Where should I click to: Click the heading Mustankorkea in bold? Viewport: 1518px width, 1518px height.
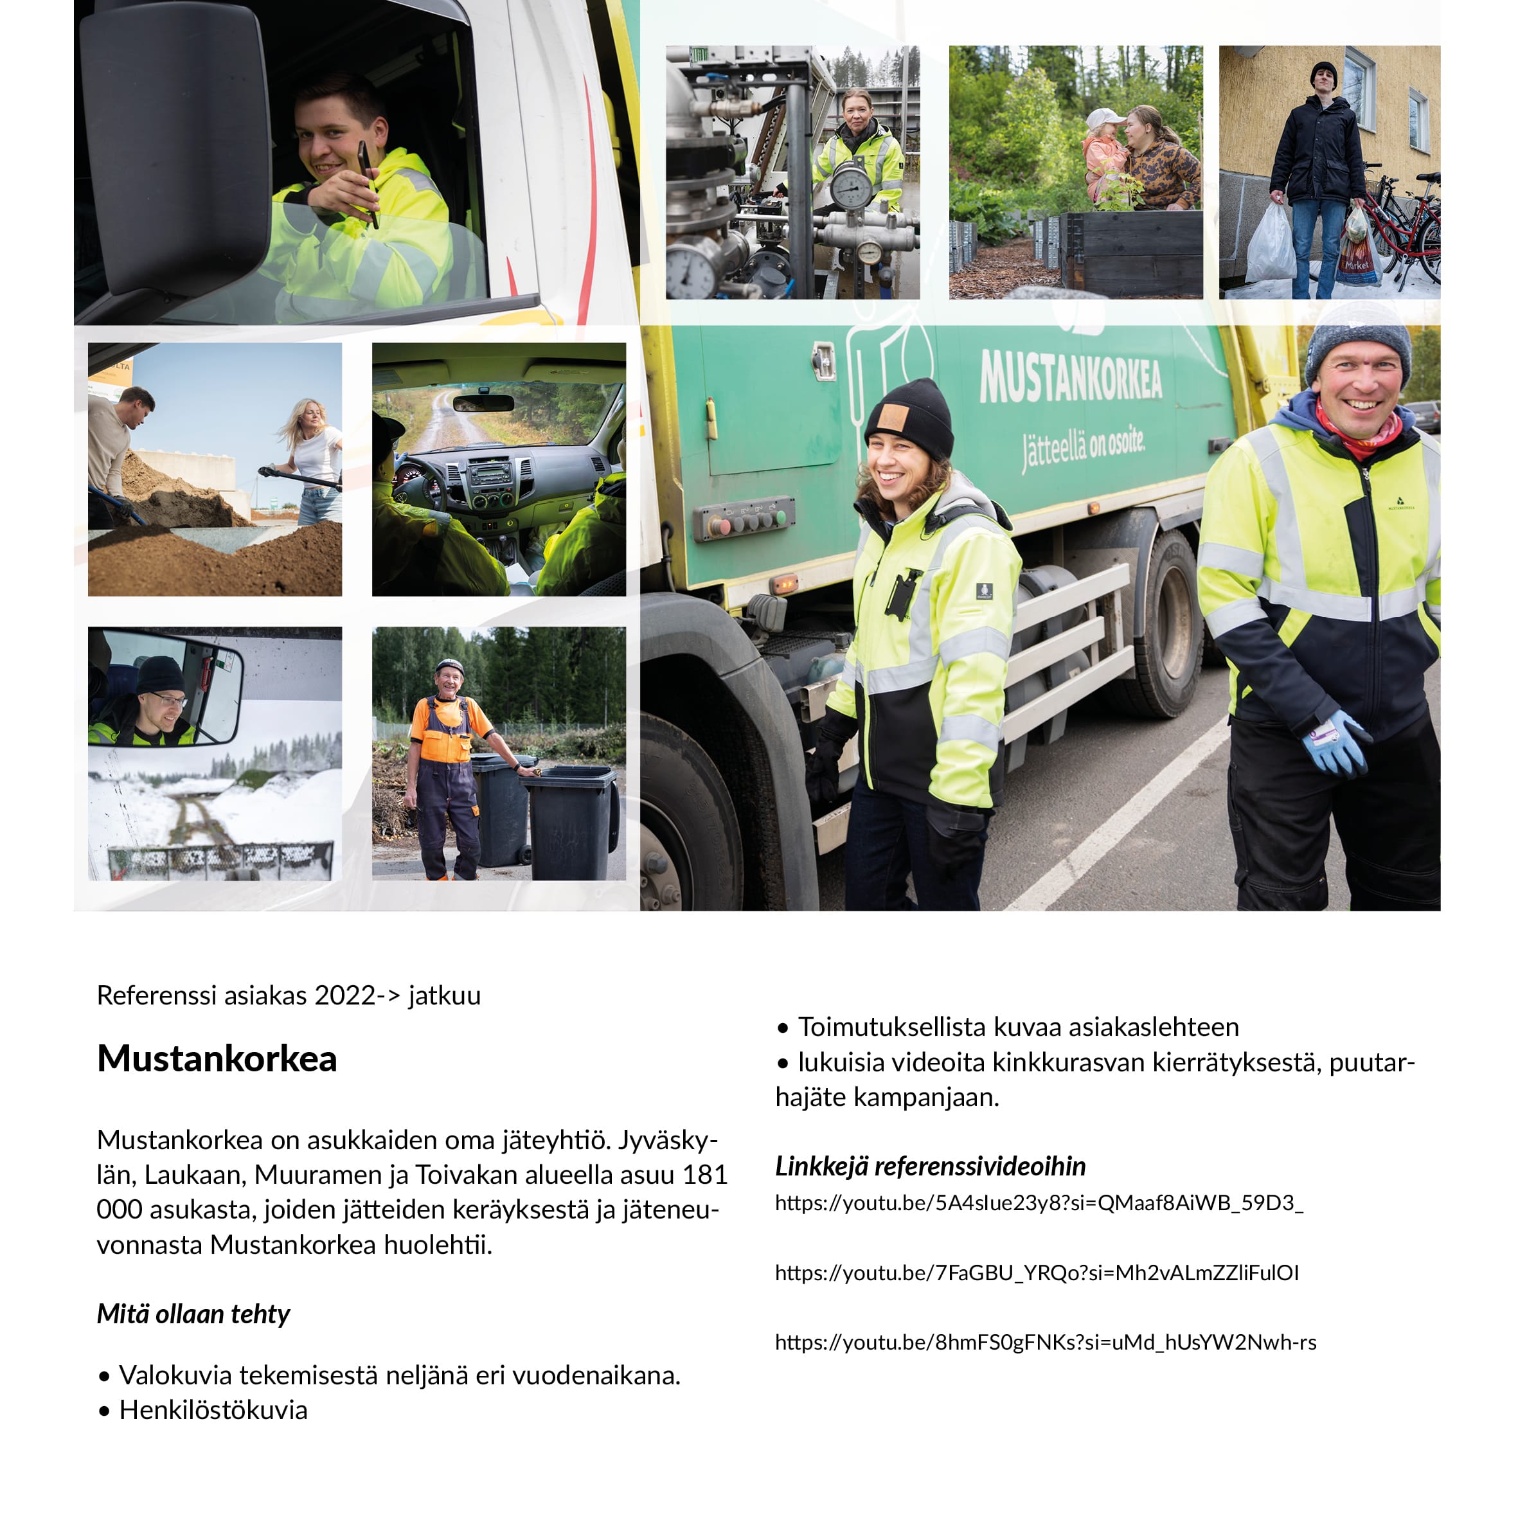(x=217, y=1059)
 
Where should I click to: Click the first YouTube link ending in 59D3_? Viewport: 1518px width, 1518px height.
(x=1039, y=1203)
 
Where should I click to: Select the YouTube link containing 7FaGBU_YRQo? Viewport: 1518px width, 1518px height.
(x=1037, y=1273)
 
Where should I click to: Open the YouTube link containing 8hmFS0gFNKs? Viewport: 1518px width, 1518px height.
(x=1045, y=1342)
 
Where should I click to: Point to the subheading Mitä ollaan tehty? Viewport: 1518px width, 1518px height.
(x=193, y=1314)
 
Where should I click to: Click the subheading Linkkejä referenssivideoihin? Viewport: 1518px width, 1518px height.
(x=931, y=1166)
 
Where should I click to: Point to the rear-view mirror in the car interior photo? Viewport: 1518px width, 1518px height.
(x=483, y=403)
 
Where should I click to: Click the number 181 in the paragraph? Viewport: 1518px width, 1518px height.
(x=705, y=1175)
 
